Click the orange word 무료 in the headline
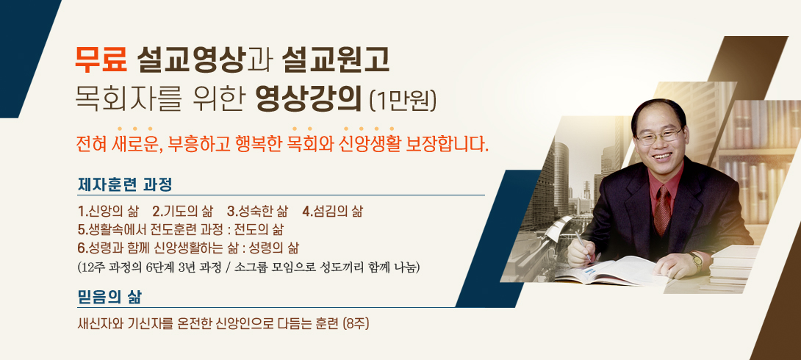[x=101, y=61]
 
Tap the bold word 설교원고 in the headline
[x=335, y=61]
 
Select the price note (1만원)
[x=403, y=101]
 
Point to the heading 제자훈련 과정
[x=125, y=184]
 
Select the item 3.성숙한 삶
[x=257, y=211]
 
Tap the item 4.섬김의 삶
[x=333, y=211]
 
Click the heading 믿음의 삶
[x=109, y=297]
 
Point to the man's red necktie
[x=663, y=209]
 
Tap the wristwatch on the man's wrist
[x=696, y=261]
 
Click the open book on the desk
[x=613, y=270]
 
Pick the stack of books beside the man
[x=733, y=267]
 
